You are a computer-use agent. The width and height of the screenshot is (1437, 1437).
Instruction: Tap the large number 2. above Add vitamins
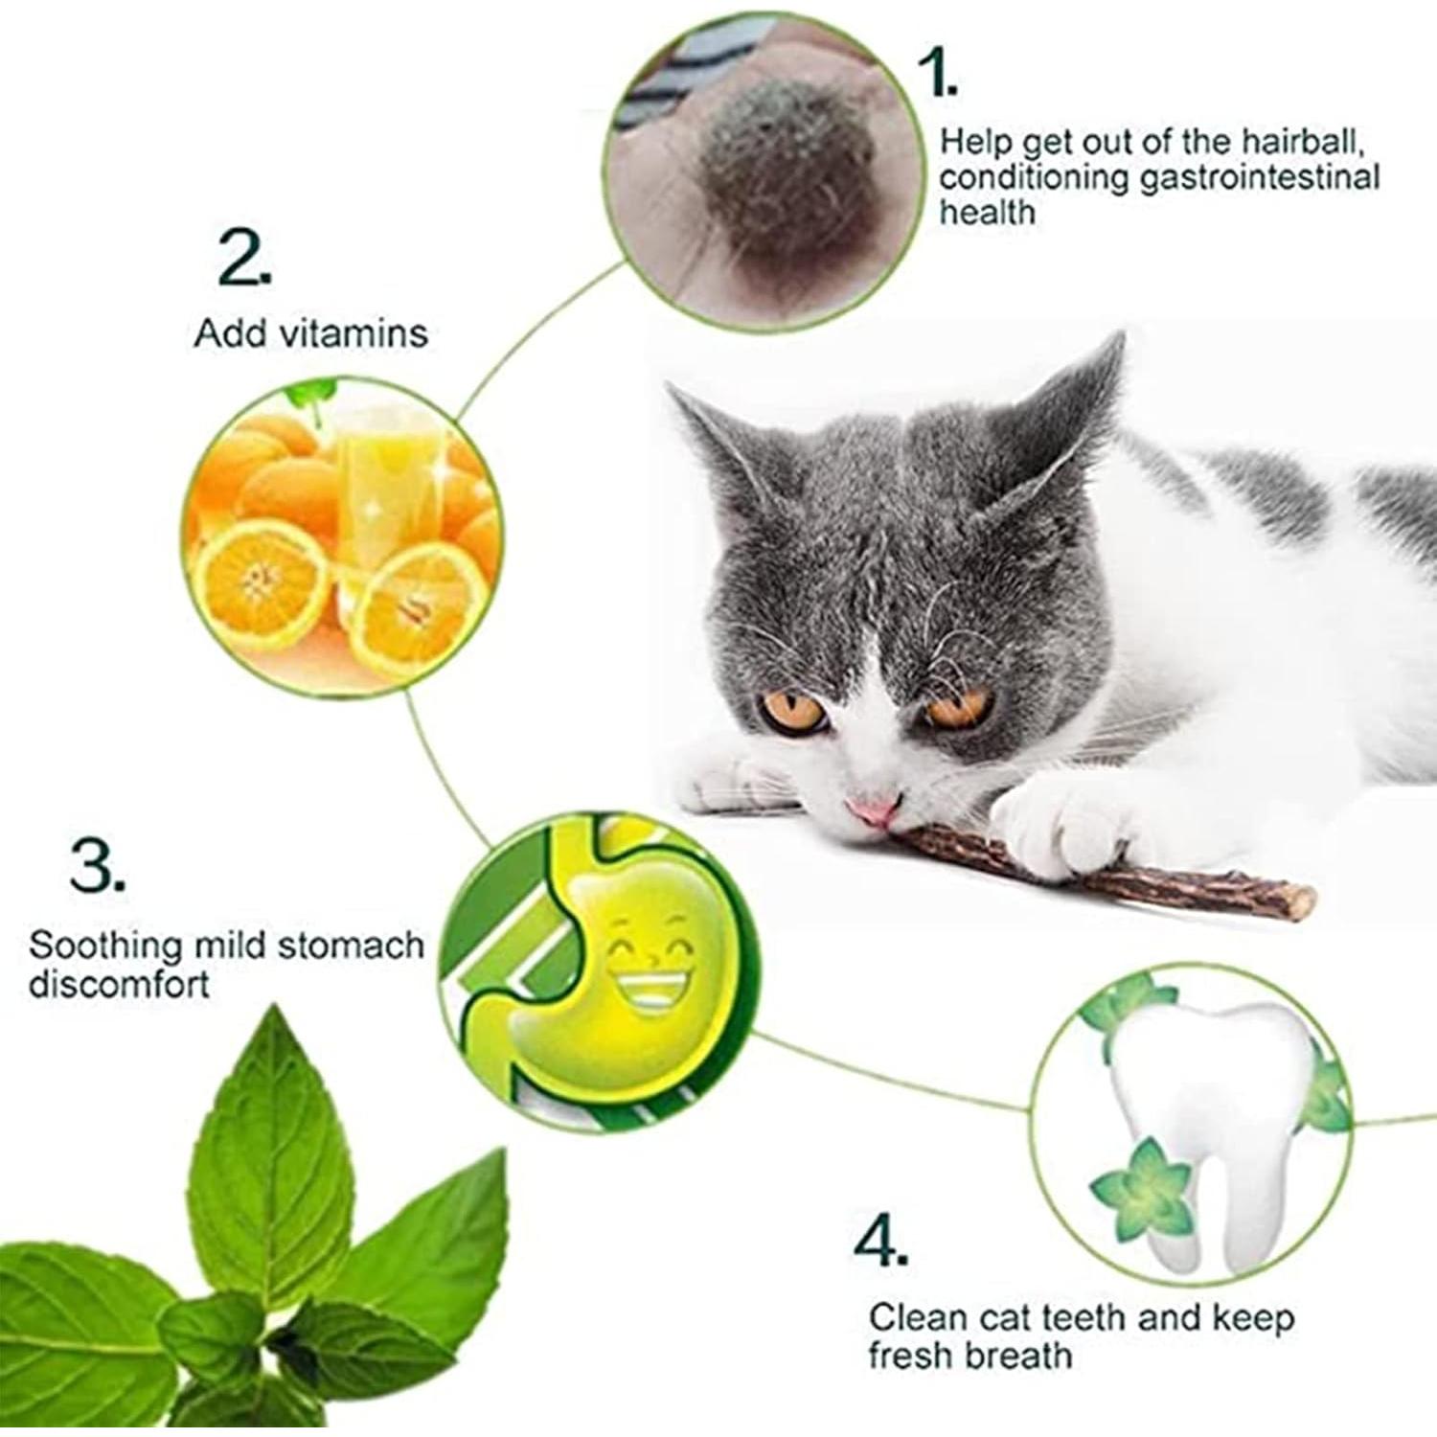coord(243,260)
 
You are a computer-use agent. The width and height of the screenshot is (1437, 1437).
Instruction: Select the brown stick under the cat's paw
coord(1054,867)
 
